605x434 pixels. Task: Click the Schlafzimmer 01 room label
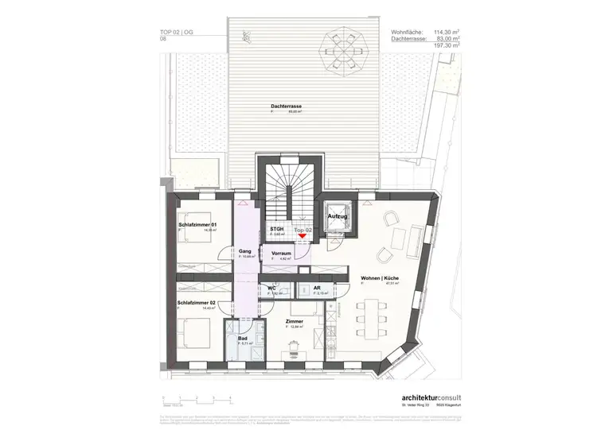tap(197, 226)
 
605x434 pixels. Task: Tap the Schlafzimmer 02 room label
tap(197, 303)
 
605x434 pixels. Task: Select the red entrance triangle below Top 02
tap(302, 236)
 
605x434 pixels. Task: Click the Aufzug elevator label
tap(338, 216)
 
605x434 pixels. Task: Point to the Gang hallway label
tap(244, 250)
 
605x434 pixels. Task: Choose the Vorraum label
tap(280, 253)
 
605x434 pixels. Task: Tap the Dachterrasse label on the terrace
tap(286, 107)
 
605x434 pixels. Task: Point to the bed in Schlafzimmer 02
tap(193, 333)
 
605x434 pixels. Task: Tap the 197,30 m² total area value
tap(443, 46)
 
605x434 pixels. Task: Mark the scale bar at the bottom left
tap(196, 398)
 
